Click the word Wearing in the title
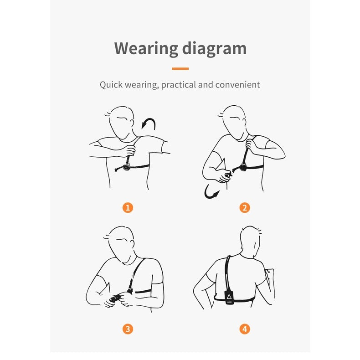[x=146, y=48]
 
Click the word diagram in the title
[x=214, y=49]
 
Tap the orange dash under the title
[x=180, y=68]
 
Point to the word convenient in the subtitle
[x=237, y=85]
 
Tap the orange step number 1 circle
[x=128, y=207]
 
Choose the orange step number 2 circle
[x=245, y=207]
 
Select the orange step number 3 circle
[x=128, y=329]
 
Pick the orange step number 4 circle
[x=245, y=329]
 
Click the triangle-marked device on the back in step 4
[x=229, y=297]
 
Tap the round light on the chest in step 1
[x=126, y=166]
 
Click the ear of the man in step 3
[x=132, y=244]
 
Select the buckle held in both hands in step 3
[x=115, y=298]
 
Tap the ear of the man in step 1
[x=132, y=123]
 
